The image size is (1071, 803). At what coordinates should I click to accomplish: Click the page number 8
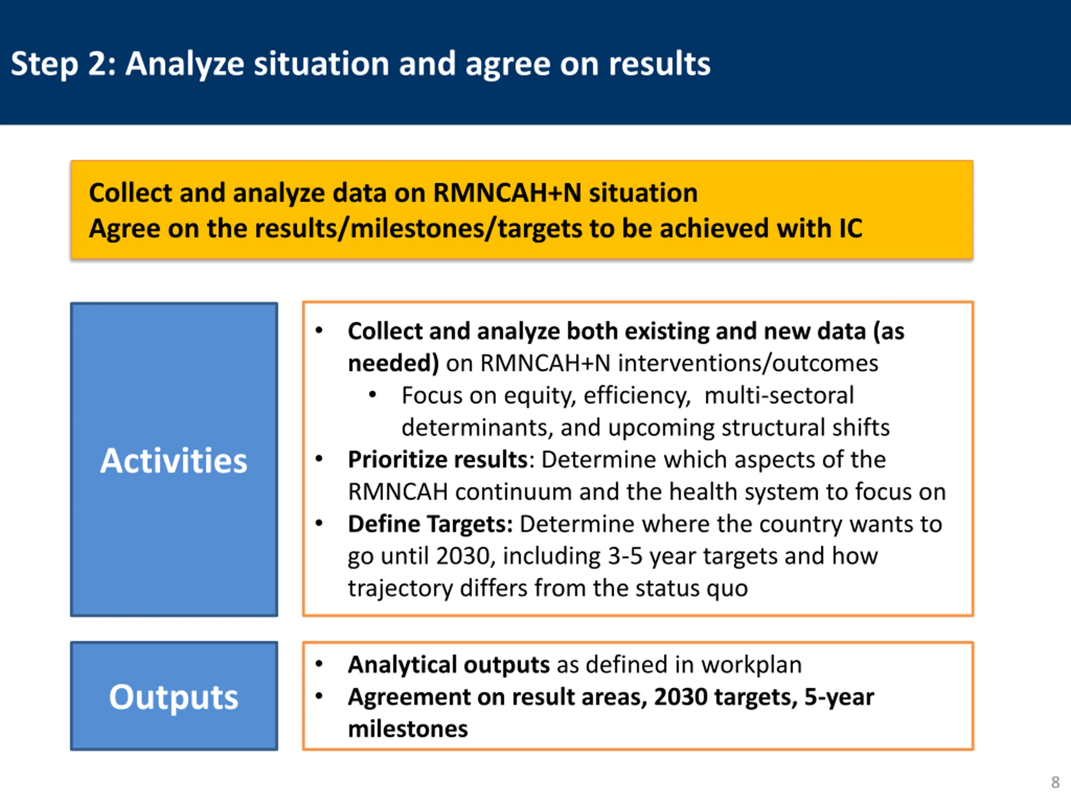tap(1055, 782)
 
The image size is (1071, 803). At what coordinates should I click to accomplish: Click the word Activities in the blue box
tap(174, 460)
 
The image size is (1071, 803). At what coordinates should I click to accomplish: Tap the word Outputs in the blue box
tap(174, 697)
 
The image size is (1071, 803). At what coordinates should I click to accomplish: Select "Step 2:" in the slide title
tap(64, 64)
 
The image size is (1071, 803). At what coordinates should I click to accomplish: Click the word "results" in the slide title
tap(659, 64)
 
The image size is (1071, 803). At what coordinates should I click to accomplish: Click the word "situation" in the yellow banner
tap(643, 193)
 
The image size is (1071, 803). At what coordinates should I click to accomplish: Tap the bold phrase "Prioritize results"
tap(438, 460)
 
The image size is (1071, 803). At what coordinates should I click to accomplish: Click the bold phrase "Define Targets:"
tap(430, 524)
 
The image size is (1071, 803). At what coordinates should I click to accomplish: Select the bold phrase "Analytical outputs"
tap(449, 665)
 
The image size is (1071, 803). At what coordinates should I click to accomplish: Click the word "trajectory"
tap(400, 588)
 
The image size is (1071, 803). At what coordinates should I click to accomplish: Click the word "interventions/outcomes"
tap(748, 363)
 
